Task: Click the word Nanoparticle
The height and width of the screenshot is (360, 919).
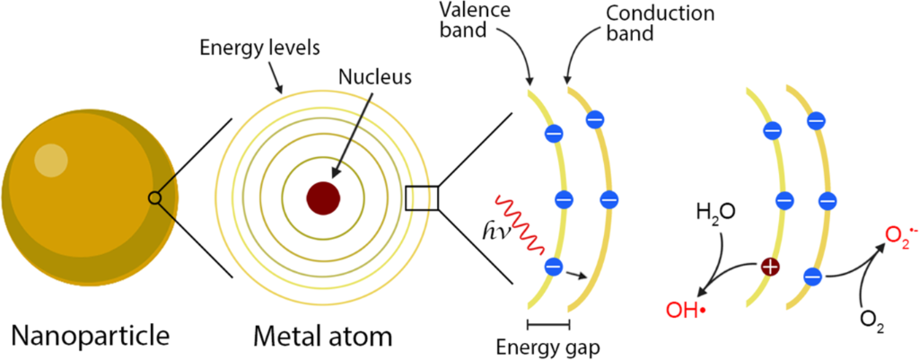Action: pos(91,336)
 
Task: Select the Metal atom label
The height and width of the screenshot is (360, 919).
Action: pos(322,336)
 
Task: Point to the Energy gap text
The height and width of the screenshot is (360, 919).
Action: pos(547,346)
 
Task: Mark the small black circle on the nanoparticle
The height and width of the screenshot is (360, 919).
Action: pos(154,198)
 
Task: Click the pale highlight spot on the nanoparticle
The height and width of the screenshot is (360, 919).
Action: pos(51,159)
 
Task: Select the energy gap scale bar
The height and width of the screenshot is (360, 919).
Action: pos(548,323)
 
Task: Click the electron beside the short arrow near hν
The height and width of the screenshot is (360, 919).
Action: pos(554,268)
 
